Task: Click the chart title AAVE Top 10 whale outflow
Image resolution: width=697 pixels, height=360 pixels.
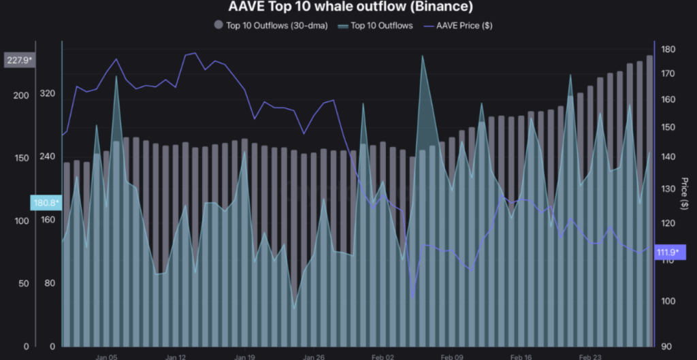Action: coord(348,7)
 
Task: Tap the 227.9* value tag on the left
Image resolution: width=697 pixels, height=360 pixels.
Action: coord(20,61)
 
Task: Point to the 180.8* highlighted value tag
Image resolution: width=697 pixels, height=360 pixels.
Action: coord(46,202)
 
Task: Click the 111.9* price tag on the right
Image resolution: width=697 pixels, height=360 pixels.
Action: coord(670,252)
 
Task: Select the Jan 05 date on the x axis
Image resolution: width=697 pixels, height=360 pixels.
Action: coord(107,356)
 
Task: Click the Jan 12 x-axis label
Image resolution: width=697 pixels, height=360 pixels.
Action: coord(176,356)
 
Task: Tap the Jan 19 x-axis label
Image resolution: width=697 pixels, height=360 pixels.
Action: coord(244,356)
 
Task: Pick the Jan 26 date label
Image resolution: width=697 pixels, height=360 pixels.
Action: coord(314,356)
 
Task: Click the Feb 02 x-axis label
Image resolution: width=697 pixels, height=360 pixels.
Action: coord(383,356)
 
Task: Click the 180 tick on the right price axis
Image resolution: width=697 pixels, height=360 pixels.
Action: coord(668,50)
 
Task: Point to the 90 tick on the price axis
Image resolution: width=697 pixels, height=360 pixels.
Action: coord(666,346)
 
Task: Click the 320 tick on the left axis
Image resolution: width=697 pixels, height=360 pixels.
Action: coord(48,93)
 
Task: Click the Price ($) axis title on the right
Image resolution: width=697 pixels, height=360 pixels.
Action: coord(684,194)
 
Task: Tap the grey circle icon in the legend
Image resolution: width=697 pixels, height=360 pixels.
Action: coord(218,25)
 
